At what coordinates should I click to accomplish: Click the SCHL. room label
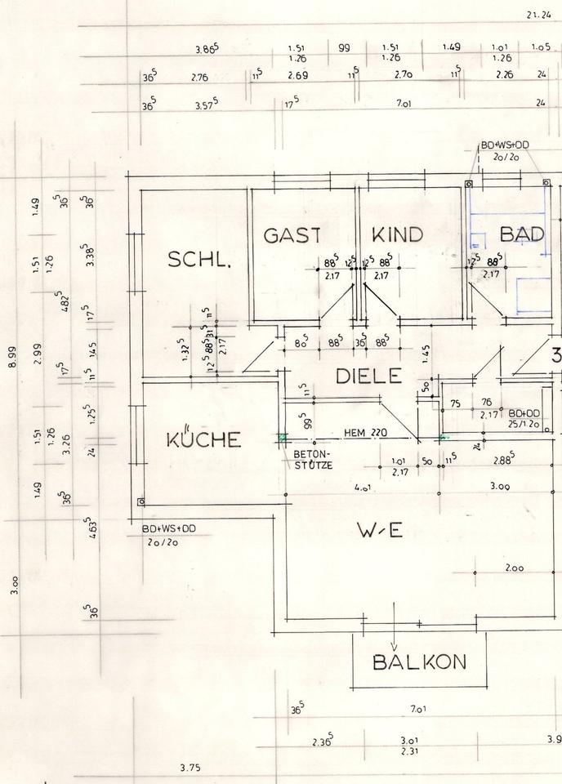199,260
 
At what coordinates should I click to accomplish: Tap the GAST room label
292,234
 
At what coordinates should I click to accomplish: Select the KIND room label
398,234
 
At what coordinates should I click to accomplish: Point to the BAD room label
522,234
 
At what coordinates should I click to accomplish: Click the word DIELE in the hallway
369,376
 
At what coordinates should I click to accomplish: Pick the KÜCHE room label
203,439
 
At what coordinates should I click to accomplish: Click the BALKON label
419,661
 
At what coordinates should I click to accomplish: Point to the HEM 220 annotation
364,434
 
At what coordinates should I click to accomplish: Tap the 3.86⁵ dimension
205,50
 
